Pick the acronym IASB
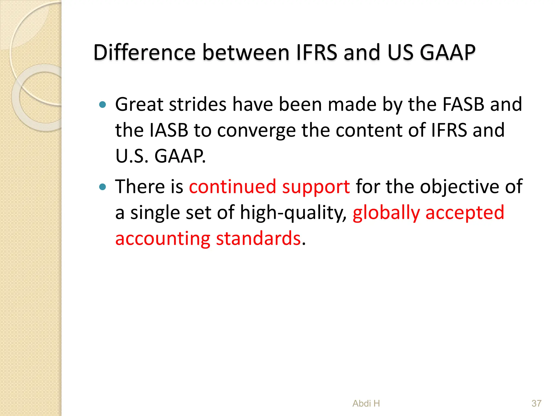pyautogui.click(x=169, y=130)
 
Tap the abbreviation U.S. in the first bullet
pyautogui.click(x=132, y=156)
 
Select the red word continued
pyautogui.click(x=233, y=187)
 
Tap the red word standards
pyautogui.click(x=259, y=239)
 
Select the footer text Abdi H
pyautogui.click(x=366, y=404)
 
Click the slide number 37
pyautogui.click(x=536, y=404)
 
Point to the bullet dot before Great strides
pyautogui.click(x=102, y=105)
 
